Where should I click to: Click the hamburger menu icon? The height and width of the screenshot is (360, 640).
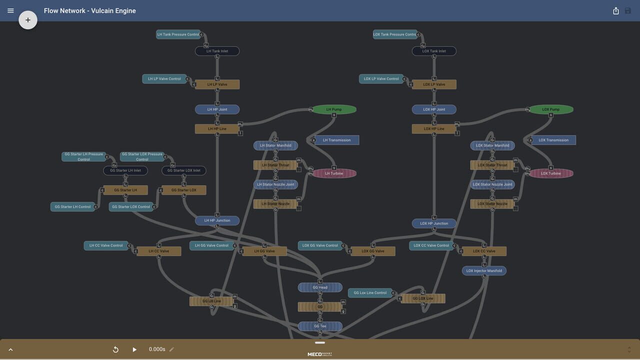pos(10,10)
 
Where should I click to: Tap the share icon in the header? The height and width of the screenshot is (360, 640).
pos(616,10)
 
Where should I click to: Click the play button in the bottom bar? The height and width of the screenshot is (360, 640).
pos(134,349)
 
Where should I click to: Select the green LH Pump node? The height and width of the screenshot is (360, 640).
pos(334,109)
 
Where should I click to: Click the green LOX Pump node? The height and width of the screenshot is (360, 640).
pos(551,109)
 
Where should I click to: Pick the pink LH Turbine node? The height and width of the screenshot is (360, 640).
pos(334,173)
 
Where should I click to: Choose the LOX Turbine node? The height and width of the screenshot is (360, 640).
pos(551,173)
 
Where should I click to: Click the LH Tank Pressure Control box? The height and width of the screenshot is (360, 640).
pos(178,34)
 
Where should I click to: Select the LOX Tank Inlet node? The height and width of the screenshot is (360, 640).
pos(434,51)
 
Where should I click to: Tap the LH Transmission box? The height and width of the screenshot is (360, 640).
pos(336,140)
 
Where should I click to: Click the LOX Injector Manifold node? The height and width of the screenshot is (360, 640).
pos(484,271)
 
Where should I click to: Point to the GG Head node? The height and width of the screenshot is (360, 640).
pos(320,287)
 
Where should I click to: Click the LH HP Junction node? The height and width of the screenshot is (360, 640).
pos(217,220)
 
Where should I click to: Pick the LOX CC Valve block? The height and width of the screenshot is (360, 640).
pos(484,251)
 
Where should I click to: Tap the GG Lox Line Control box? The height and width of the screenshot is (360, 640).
pos(370,293)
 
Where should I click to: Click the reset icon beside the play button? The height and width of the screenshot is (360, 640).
pos(115,349)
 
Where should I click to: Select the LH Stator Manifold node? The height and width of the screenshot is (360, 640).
pos(275,145)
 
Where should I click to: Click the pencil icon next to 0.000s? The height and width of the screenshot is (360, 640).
pos(171,349)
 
